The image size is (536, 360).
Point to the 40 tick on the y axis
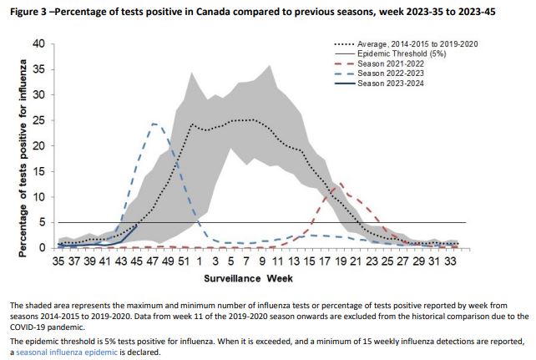tap(38, 43)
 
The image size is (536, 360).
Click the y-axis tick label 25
tap(38, 120)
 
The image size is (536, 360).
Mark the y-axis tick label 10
tap(38, 197)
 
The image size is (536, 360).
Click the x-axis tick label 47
tap(153, 261)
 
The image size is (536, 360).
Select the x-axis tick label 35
tap(58, 261)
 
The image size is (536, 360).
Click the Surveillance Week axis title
tap(255, 276)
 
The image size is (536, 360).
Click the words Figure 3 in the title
tap(28, 9)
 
